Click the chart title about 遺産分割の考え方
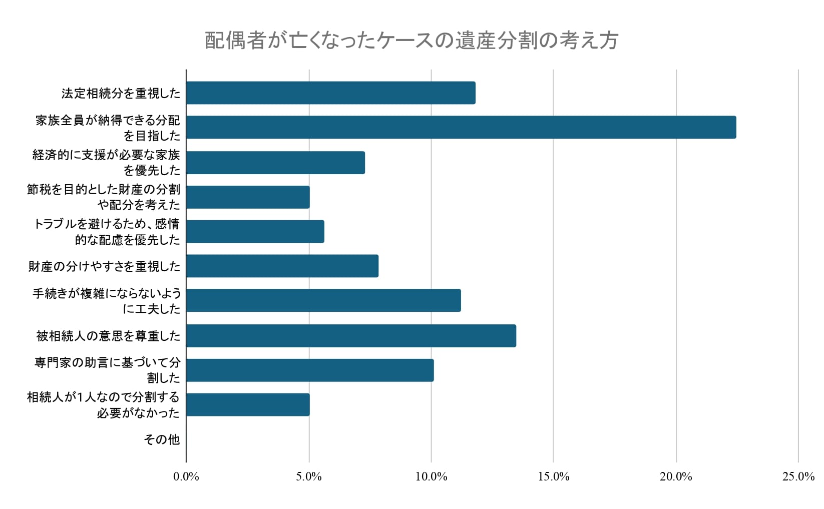tap(411, 41)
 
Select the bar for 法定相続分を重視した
tap(330, 93)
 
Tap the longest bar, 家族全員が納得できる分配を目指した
tap(461, 128)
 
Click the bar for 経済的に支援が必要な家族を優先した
tap(275, 163)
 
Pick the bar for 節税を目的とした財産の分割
tap(248, 197)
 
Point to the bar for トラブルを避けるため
tap(255, 232)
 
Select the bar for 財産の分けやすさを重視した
tap(282, 266)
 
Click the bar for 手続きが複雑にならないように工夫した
tap(323, 300)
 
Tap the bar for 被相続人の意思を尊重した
tap(351, 336)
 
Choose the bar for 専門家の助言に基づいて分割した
tap(310, 370)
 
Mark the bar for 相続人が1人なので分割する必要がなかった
tap(248, 405)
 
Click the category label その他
tap(161, 439)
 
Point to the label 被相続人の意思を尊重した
tap(108, 336)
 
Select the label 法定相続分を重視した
tap(121, 93)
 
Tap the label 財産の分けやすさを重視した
tap(104, 266)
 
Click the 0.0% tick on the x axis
tap(186, 477)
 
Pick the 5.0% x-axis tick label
tap(309, 477)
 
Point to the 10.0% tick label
tap(431, 477)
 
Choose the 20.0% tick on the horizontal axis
tap(676, 477)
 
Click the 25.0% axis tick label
tap(798, 477)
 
